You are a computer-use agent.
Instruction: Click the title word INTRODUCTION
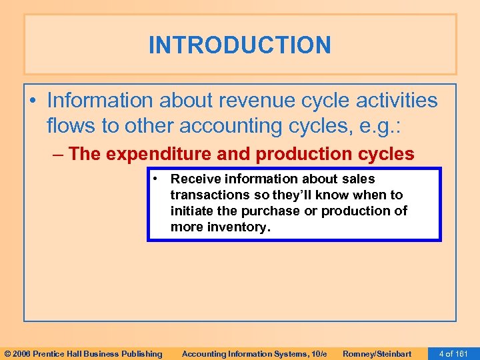coord(239,45)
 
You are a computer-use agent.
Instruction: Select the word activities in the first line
coord(395,101)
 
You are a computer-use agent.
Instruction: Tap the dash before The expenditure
coord(58,154)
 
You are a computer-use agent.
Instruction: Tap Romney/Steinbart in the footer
coord(377,353)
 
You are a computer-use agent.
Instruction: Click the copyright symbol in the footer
coord(7,353)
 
